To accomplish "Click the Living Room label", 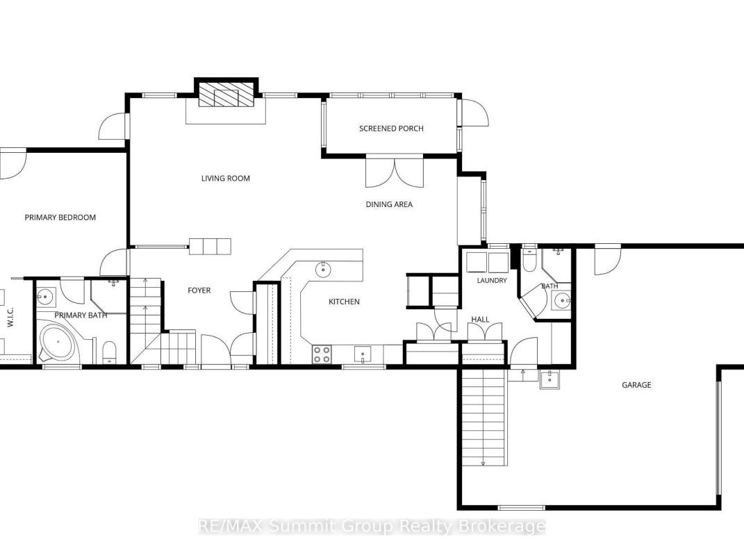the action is pos(225,179).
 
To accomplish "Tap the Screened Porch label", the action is pos(391,129).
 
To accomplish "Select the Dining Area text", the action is pos(389,204).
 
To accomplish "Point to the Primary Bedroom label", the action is pos(60,218).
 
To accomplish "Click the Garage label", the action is pos(636,385).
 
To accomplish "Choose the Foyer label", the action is pos(199,290).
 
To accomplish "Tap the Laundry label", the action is pos(492,281).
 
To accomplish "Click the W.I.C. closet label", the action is pos(10,317).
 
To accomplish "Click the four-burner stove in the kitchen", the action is pos(322,354).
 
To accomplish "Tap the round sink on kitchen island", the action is pos(323,269).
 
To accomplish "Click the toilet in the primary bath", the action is pos(109,352).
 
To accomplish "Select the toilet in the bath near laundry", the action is pos(529,261).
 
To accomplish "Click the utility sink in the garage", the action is pos(550,379).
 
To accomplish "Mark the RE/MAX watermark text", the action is pos(372,526).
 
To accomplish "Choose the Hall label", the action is pos(480,320).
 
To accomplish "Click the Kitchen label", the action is pos(344,302).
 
